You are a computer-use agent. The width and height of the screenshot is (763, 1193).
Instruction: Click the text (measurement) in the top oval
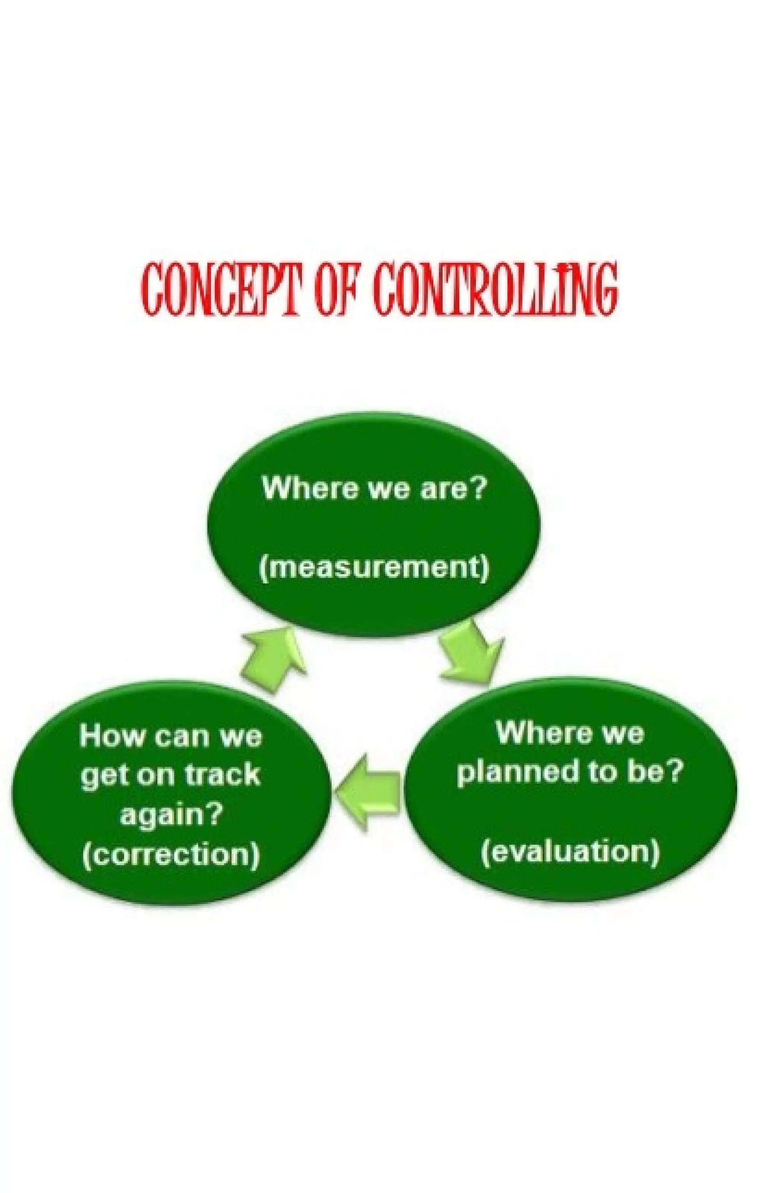[x=374, y=567]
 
